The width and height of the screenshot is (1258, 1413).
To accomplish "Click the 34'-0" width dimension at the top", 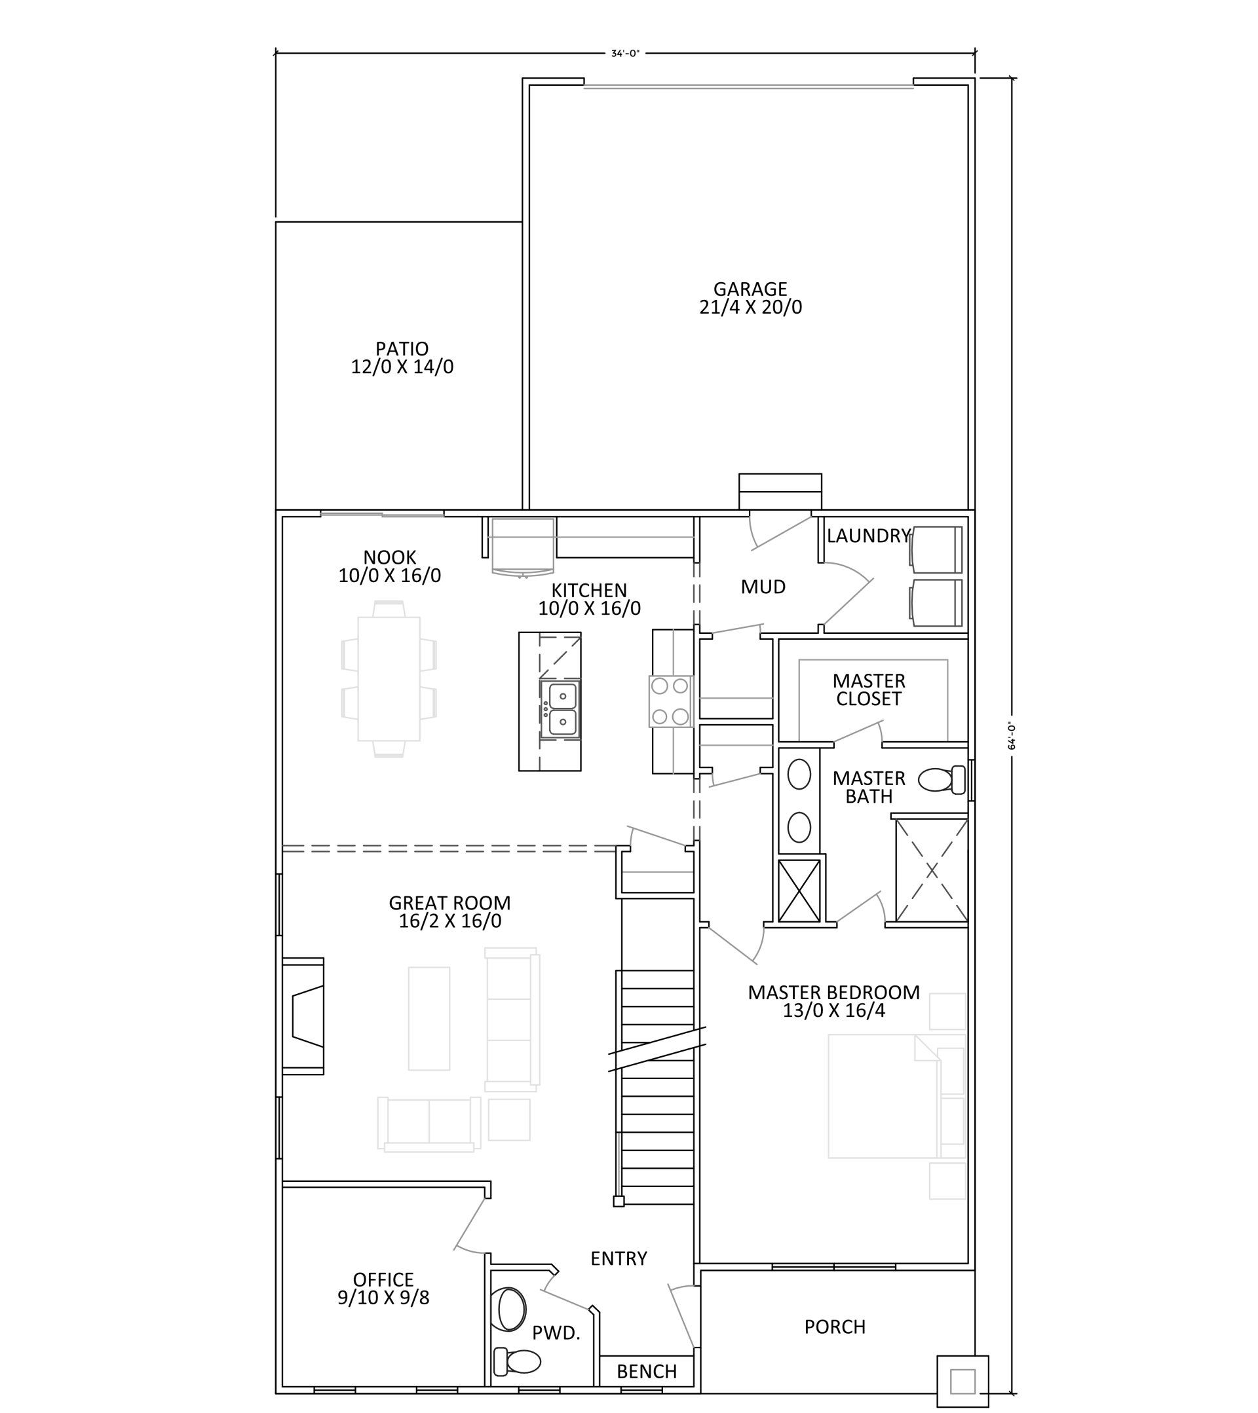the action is (625, 53).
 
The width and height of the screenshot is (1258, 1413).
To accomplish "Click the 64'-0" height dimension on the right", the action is (1013, 737).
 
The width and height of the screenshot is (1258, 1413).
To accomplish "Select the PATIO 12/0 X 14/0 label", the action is (402, 358).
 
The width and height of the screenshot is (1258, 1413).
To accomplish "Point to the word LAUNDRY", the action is (869, 536).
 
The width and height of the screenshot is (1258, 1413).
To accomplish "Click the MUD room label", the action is (763, 587).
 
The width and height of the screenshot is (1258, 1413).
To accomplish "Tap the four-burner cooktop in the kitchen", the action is (670, 701).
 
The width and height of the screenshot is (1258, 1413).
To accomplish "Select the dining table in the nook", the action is (389, 679).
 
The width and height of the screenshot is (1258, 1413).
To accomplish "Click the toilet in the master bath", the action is (942, 780).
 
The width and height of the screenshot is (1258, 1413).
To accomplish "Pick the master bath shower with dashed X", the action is (932, 870).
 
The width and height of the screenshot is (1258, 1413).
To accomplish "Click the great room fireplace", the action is (303, 1016).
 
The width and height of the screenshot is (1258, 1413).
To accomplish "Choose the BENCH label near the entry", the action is (647, 1372).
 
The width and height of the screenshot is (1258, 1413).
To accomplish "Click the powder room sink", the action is (512, 1310).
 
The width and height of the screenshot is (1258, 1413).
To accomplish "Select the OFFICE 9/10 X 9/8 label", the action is (383, 1289).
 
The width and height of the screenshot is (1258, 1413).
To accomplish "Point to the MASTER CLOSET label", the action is (869, 690).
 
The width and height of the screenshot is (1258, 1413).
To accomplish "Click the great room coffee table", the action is (429, 1018).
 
